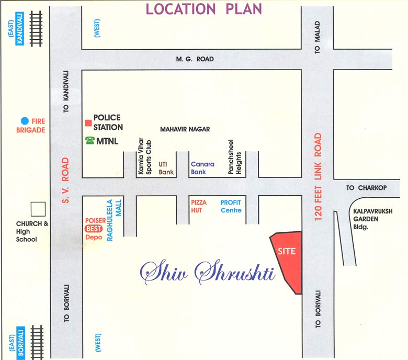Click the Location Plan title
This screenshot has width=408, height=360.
203,9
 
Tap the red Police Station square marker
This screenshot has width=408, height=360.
88,123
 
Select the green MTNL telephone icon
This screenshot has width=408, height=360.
88,140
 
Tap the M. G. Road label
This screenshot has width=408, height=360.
195,59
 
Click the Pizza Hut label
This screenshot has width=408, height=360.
200,206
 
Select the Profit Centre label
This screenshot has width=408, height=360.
231,206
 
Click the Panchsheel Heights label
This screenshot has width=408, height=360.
234,159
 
